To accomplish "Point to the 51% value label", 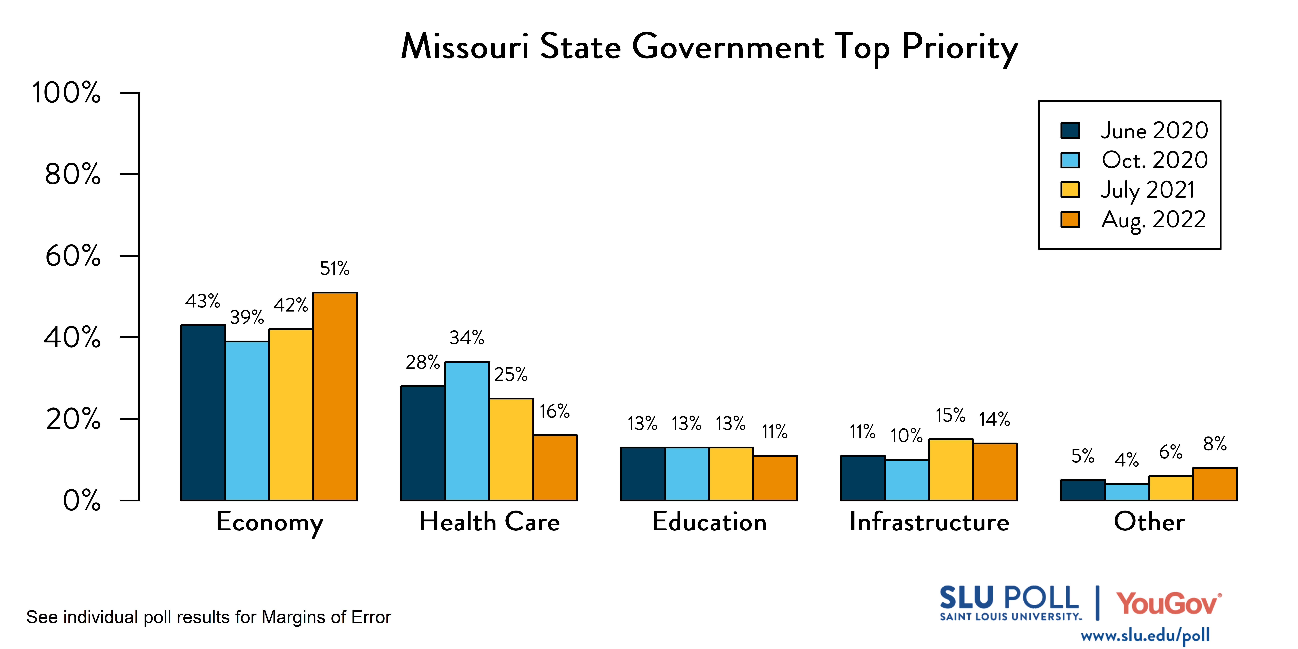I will tap(335, 269).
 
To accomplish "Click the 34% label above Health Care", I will tap(467, 338).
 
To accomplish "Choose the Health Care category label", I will tap(489, 522).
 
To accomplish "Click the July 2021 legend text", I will tap(1147, 190).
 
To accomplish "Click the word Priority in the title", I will tap(959, 48).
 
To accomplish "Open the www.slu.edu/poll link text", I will tap(1145, 635).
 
